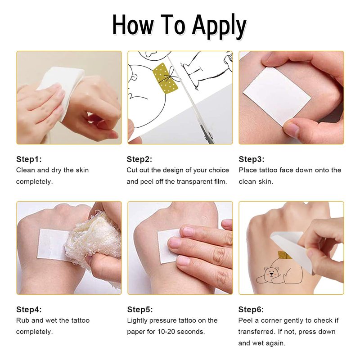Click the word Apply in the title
click(219, 27)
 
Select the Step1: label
click(29, 159)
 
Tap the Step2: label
click(139, 159)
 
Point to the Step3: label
click(252, 159)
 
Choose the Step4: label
click(29, 310)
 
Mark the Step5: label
click(140, 310)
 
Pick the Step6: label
click(251, 310)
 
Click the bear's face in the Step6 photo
click(271, 273)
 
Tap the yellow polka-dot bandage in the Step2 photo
click(165, 78)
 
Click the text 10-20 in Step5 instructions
click(166, 332)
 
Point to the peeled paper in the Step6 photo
click(292, 250)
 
